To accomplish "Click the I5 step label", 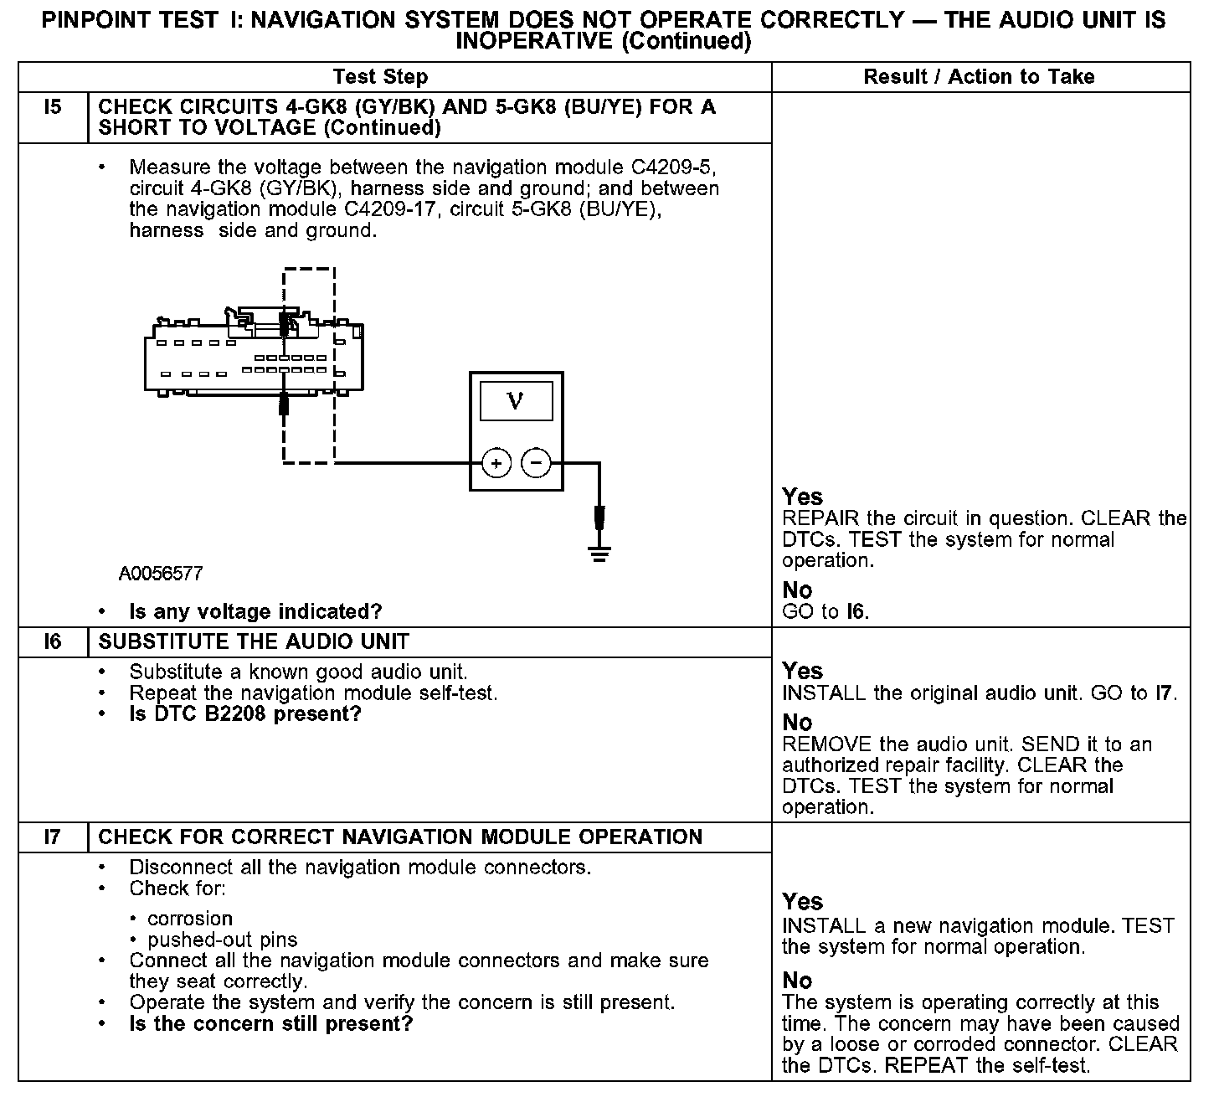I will point(52,108).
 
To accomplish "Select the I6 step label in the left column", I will point(52,642).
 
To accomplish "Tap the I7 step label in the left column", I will point(52,837).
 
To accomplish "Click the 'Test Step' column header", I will point(380,77).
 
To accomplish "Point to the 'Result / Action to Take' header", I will point(979,77).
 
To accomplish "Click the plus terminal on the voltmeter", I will point(496,462).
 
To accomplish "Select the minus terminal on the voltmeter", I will point(536,462).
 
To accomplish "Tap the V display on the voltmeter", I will point(516,401).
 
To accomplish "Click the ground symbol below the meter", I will point(599,552).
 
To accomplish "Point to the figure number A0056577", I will point(160,574).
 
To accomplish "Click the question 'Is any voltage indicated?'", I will point(255,612).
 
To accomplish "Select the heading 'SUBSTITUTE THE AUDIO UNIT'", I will point(254,642).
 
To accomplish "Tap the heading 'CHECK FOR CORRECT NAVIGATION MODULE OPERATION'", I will point(400,837).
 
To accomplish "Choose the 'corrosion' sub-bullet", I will point(190,919).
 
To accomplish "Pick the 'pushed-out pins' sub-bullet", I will point(222,940).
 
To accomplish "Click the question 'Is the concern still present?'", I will point(270,1024).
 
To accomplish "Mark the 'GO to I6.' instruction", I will point(826,612).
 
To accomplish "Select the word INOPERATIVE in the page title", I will point(534,41).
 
